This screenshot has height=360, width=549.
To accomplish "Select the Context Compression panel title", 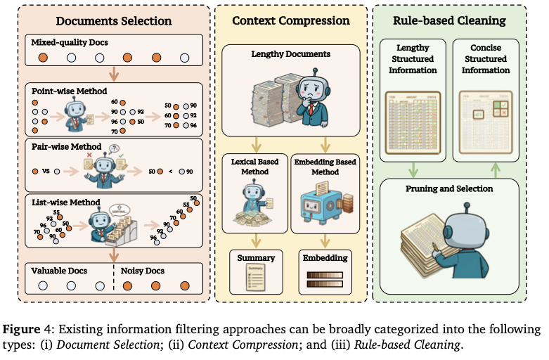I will [x=291, y=20].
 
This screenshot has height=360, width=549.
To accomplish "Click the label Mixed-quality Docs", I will [x=69, y=43].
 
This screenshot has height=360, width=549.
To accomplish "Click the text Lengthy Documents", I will [x=290, y=54].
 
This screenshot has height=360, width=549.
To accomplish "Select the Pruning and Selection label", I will [x=449, y=189].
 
